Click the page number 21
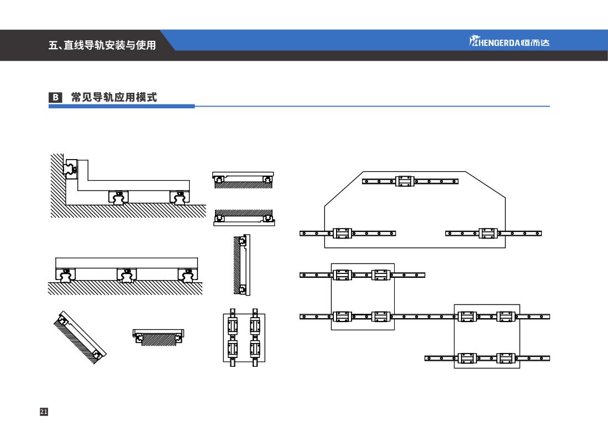pyautogui.click(x=44, y=412)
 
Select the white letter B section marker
pyautogui.click(x=55, y=98)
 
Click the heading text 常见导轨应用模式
pyautogui.click(x=114, y=98)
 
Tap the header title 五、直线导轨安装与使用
pyautogui.click(x=102, y=45)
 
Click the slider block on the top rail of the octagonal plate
pyautogui.click(x=405, y=181)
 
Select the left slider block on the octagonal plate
pyautogui.click(x=342, y=233)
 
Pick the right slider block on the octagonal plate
pyautogui.click(x=488, y=233)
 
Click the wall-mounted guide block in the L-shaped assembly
pyautogui.click(x=71, y=168)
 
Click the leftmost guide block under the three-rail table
pyautogui.click(x=65, y=274)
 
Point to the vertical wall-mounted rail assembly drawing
pyautogui.click(x=242, y=265)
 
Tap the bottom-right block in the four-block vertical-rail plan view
pyautogui.click(x=255, y=349)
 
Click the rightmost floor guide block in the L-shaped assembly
pyautogui.click(x=179, y=197)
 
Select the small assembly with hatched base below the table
pyautogui.click(x=158, y=336)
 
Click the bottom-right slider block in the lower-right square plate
pyautogui.click(x=506, y=358)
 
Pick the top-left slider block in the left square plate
pyautogui.click(x=342, y=275)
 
